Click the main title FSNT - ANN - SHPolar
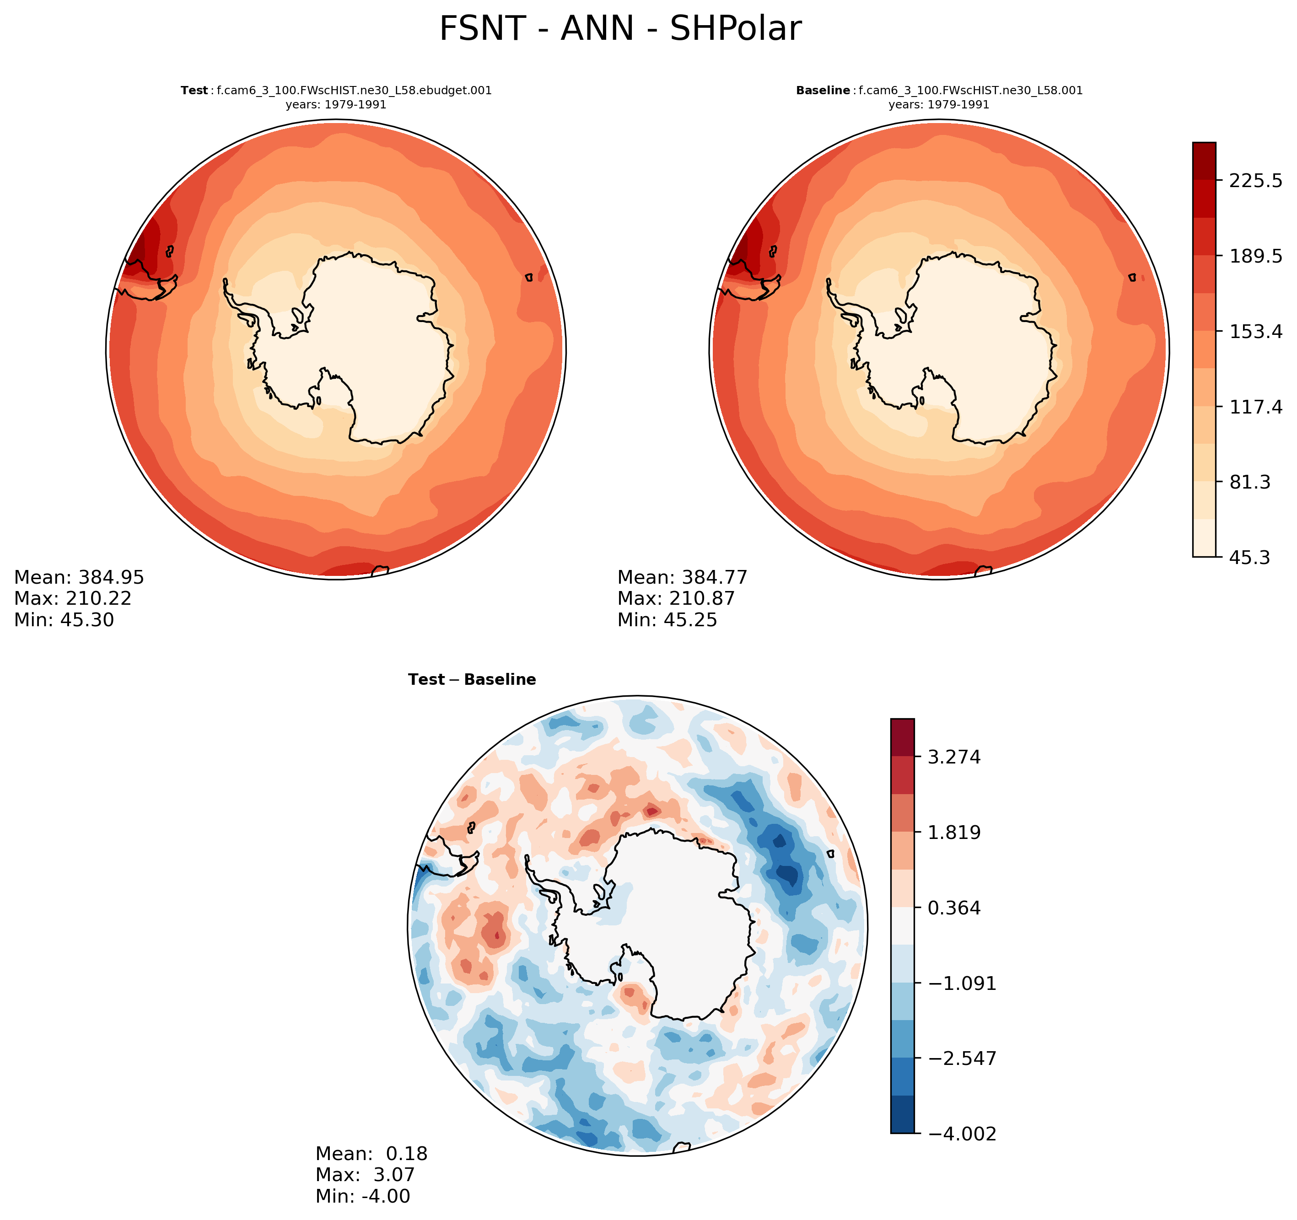click(x=620, y=29)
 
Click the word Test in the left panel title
click(x=194, y=91)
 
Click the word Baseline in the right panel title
click(x=823, y=91)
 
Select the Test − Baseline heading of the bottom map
click(x=472, y=680)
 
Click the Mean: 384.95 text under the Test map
click(x=79, y=577)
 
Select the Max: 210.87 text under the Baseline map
click(x=676, y=598)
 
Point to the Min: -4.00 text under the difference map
click(x=363, y=1196)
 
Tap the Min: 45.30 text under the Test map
click(x=64, y=620)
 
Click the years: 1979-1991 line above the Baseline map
click(x=939, y=104)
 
